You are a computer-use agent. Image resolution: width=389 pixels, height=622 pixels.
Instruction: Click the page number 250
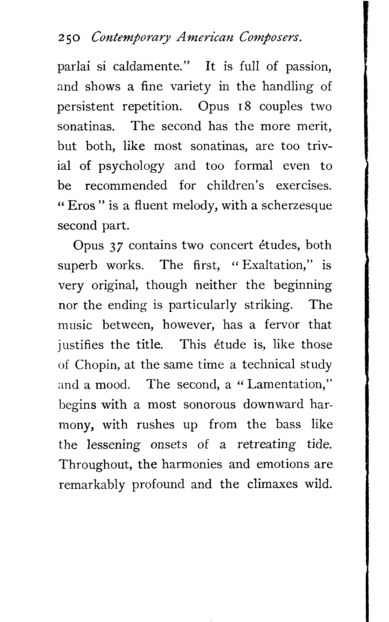coord(69,39)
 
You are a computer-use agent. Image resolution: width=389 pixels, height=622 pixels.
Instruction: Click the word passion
coord(309,67)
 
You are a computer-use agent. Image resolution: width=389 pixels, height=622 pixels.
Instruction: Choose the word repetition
coord(152,107)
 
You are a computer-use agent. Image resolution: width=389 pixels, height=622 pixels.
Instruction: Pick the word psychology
coord(131,166)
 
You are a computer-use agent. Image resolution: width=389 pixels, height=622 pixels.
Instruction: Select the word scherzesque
coord(296,206)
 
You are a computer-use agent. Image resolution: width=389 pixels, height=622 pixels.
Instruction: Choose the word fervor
coord(282,325)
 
